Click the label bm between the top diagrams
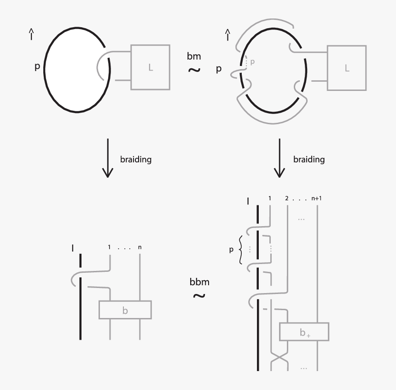(194, 56)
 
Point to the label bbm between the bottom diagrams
(199, 282)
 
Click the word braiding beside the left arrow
(136, 159)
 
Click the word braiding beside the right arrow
(309, 159)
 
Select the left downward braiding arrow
(108, 158)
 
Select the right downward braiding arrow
(280, 158)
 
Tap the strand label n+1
(316, 198)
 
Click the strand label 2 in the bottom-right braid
(287, 198)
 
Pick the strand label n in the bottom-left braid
(140, 247)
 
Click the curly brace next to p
(240, 250)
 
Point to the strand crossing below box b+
(279, 358)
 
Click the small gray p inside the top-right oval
(252, 62)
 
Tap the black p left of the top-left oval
(37, 66)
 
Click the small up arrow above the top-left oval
(31, 34)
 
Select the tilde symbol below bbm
(199, 295)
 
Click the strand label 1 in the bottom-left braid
(109, 247)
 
